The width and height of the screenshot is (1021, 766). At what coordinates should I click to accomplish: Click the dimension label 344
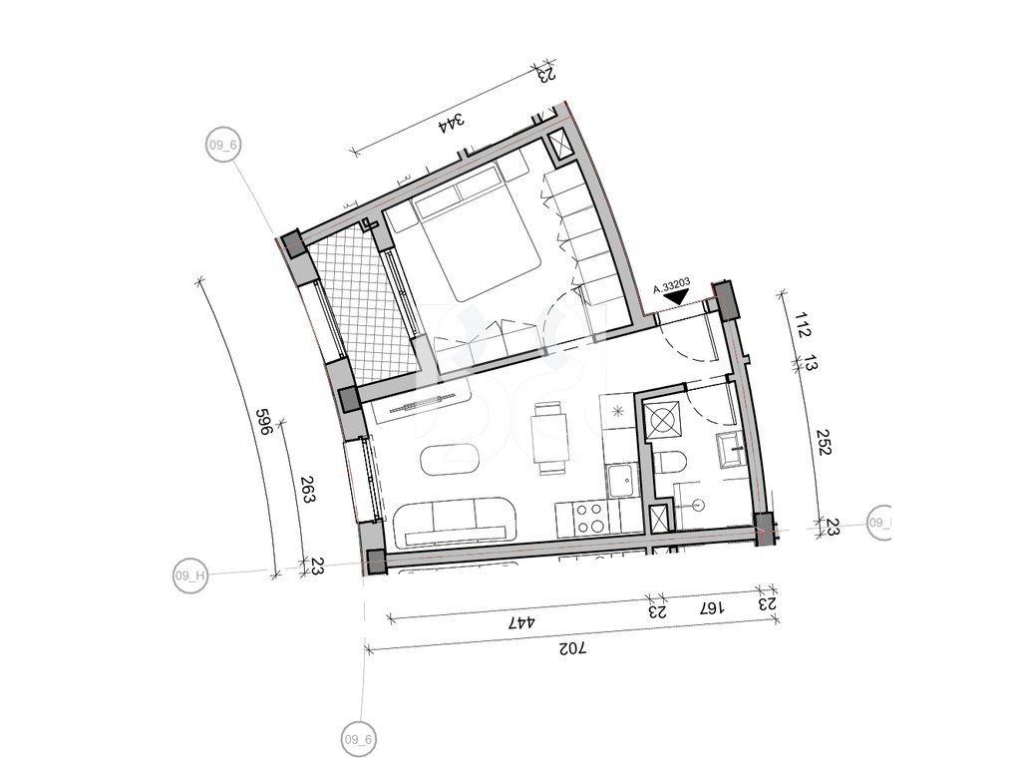452,123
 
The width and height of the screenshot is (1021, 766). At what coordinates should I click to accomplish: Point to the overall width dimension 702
572,648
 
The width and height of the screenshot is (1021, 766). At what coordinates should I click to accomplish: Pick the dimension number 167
711,608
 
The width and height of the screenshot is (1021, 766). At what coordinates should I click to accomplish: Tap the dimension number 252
825,442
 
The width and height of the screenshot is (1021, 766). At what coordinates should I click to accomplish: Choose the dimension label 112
803,324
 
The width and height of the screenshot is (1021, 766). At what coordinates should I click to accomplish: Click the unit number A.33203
672,286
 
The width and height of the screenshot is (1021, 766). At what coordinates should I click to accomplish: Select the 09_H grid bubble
190,575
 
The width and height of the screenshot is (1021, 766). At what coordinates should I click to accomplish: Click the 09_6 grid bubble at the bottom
359,740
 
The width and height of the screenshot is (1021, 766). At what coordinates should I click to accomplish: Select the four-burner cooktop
589,518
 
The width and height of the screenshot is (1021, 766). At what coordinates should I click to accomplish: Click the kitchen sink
621,482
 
